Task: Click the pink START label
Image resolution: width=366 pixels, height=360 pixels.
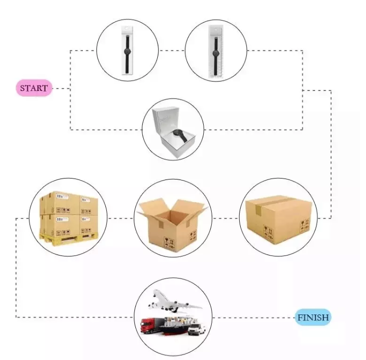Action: click(x=34, y=88)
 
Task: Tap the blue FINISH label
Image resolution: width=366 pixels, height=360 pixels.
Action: click(x=313, y=317)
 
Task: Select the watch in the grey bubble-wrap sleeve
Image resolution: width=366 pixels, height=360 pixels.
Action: click(x=216, y=52)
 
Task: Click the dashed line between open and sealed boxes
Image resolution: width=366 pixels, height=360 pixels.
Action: click(x=225, y=218)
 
